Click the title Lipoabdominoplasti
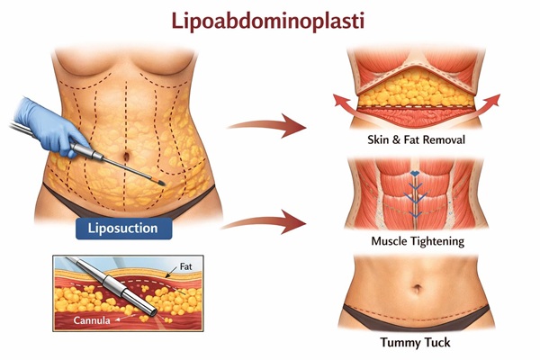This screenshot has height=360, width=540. coord(267,22)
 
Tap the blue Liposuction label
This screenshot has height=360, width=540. coord(123,229)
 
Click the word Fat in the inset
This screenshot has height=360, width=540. coord(186,266)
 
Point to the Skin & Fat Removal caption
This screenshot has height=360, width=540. coord(417,139)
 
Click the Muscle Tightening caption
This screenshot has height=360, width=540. coord(418,241)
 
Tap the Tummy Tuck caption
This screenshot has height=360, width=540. coord(415,342)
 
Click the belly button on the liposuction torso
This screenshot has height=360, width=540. coord(127,156)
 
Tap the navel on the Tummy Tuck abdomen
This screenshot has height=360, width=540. coord(417,288)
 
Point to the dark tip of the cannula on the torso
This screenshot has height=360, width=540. coord(161,183)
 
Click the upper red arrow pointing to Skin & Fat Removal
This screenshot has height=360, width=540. coord(267,126)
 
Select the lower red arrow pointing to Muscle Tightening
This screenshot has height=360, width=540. coord(264,222)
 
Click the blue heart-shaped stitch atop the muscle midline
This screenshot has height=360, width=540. coord(415,174)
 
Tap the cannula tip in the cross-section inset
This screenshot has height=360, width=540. coord(152,311)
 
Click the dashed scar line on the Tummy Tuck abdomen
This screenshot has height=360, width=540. coord(417,310)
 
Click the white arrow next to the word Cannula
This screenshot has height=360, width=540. coord(121,319)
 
